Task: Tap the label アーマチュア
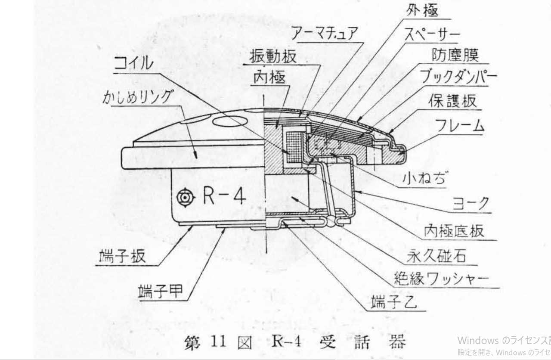pyautogui.click(x=324, y=33)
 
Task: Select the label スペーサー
pyautogui.click(x=431, y=34)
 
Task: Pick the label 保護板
pyautogui.click(x=452, y=101)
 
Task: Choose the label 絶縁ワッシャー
pyautogui.click(x=441, y=279)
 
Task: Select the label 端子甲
pyautogui.click(x=161, y=292)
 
